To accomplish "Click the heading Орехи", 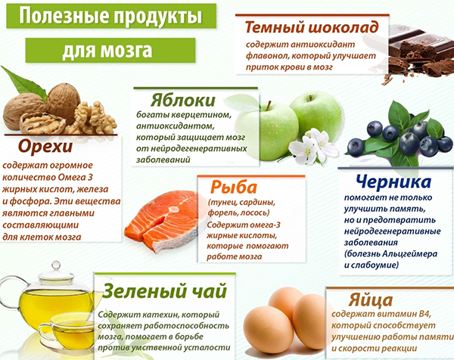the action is click(x=45, y=147).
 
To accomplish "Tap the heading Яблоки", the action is click(x=182, y=101).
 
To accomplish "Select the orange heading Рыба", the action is click(x=233, y=187).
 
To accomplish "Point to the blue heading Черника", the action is click(x=393, y=182).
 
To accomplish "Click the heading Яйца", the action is click(x=370, y=299).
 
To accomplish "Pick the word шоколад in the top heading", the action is click(x=343, y=27).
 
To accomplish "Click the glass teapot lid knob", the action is click(x=56, y=265).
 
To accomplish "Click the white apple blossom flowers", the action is click(x=313, y=147).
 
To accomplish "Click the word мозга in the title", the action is click(x=126, y=51).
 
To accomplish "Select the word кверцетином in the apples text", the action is click(x=201, y=115).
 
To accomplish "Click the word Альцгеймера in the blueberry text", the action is click(x=409, y=254).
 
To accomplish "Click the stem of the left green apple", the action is click(x=269, y=105).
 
